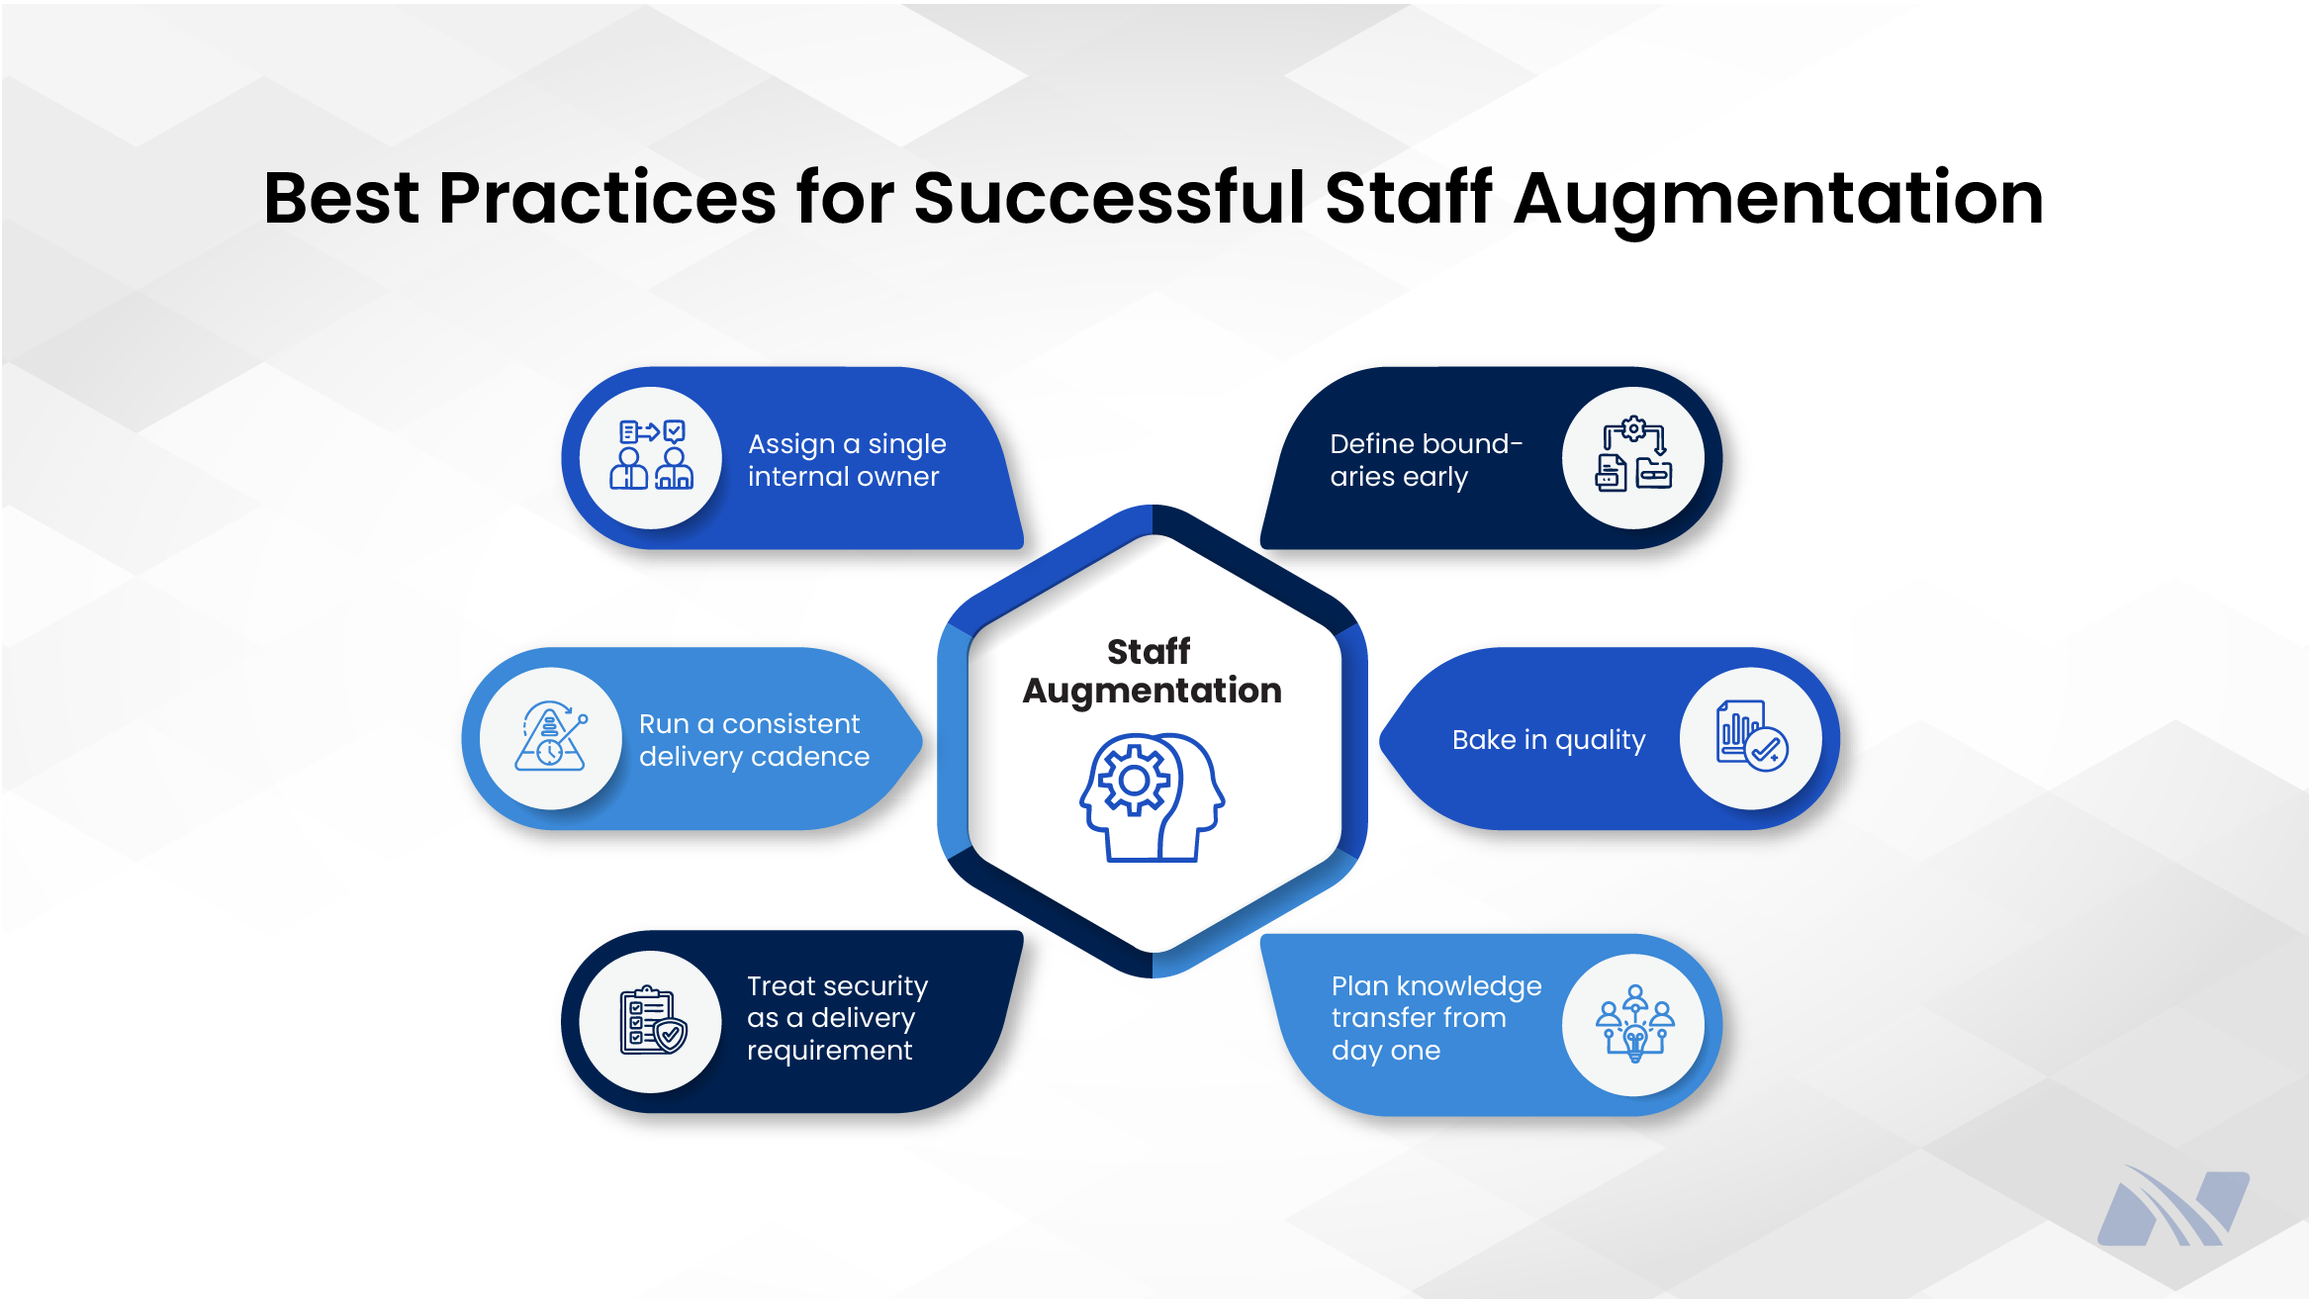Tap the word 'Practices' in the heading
click(x=606, y=198)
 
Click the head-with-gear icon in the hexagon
click(x=1153, y=797)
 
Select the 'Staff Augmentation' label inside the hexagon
click(x=1152, y=671)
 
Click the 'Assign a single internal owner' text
click(x=846, y=460)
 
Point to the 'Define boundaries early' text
click(x=1425, y=460)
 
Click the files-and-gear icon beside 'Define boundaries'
click(x=1633, y=456)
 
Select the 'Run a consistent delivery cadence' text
click(x=753, y=740)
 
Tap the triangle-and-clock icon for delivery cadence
click(x=551, y=738)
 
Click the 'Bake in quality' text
click(x=1548, y=740)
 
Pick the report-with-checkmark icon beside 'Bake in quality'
click(x=1751, y=738)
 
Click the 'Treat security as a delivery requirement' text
click(x=837, y=1018)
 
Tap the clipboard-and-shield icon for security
click(x=652, y=1021)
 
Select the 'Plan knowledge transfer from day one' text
click(x=1435, y=1018)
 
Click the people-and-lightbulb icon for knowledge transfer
click(x=1634, y=1024)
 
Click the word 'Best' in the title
click(x=341, y=198)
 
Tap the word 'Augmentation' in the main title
click(x=1778, y=198)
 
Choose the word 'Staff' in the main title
click(x=1408, y=198)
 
